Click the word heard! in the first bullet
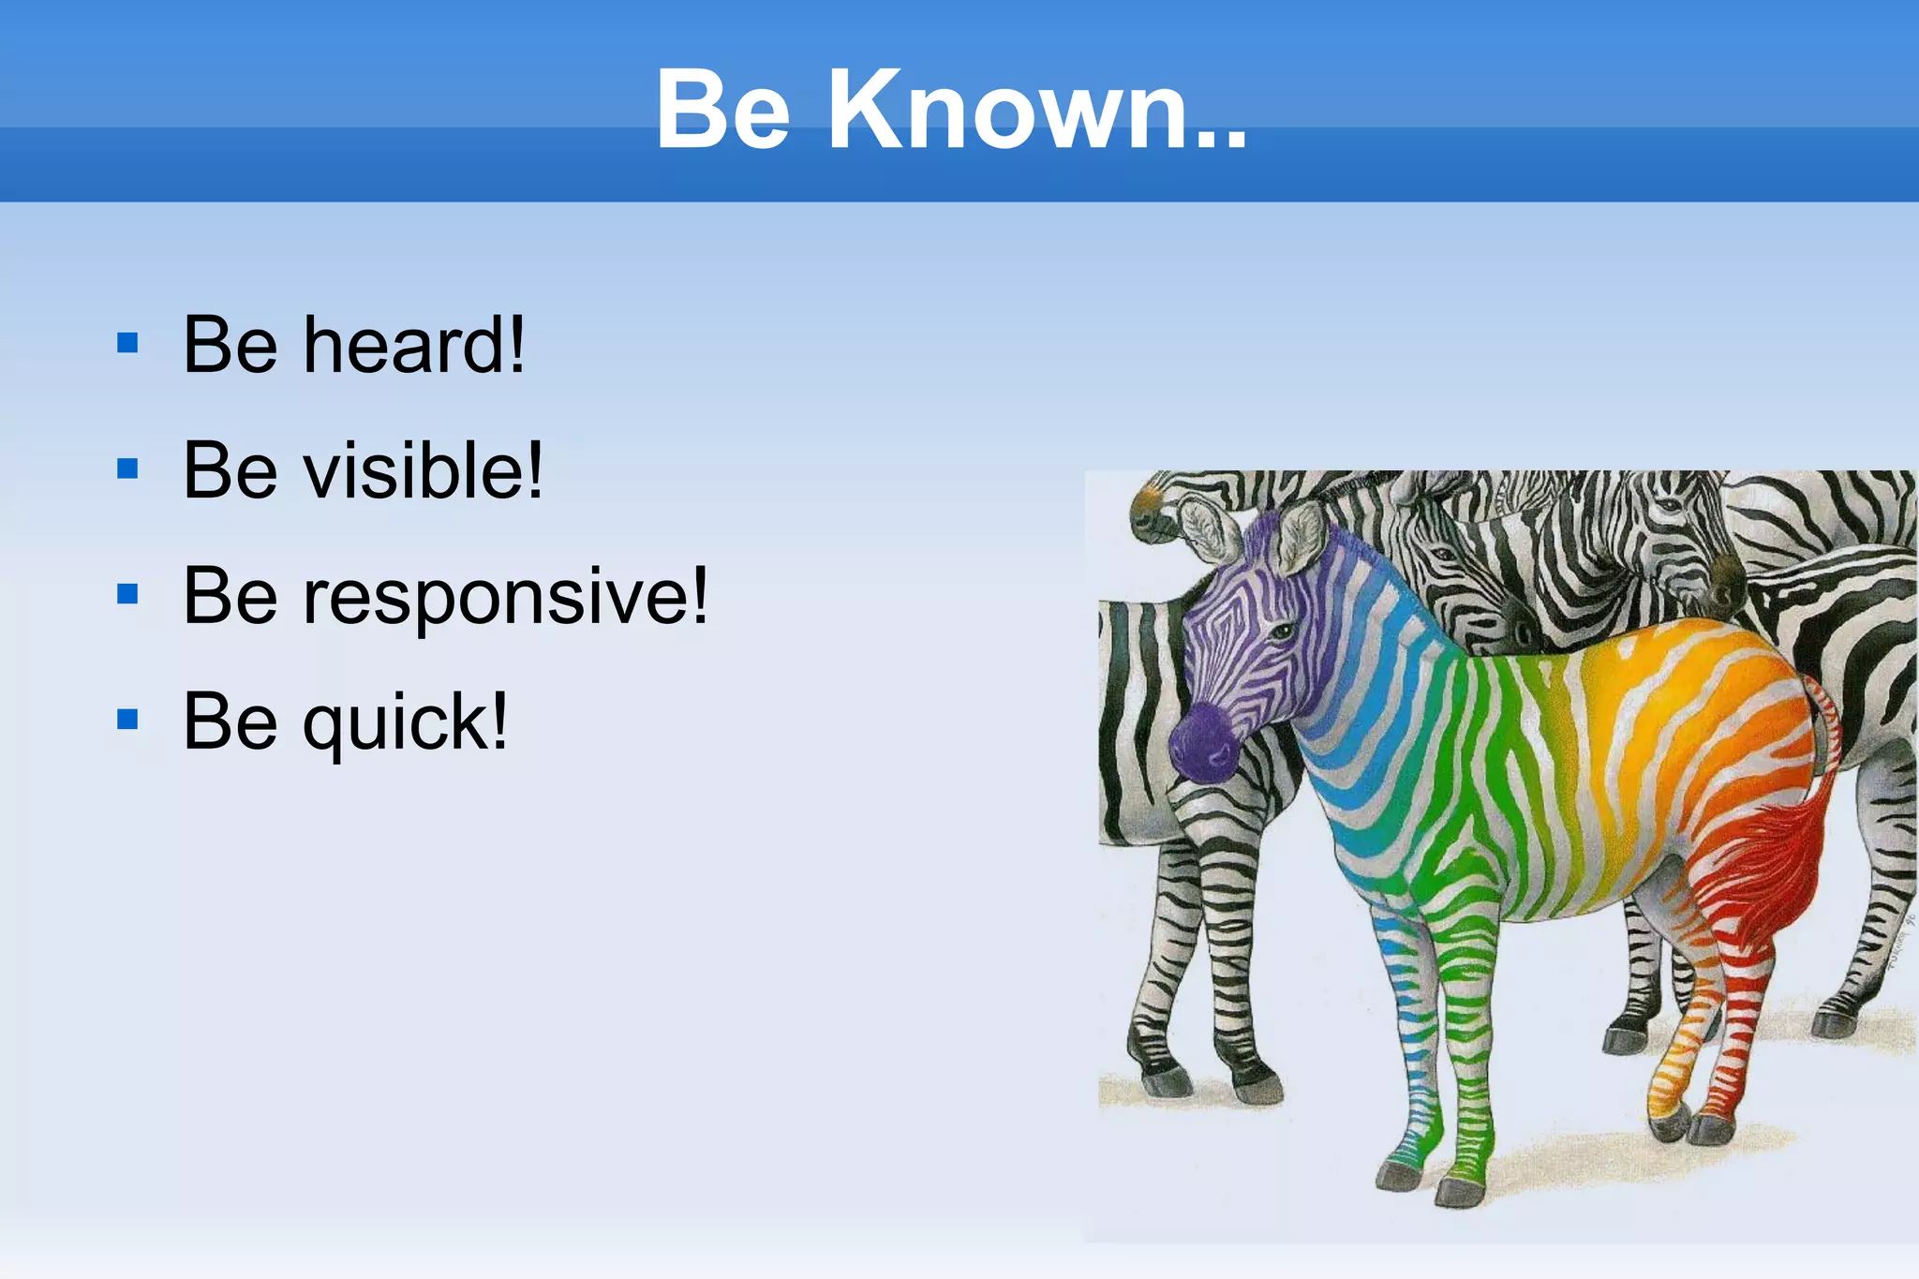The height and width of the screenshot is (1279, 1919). (x=413, y=346)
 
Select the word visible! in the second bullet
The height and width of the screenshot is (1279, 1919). (x=423, y=470)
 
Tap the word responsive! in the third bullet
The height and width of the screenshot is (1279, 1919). (x=506, y=597)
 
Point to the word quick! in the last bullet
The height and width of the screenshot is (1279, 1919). (x=405, y=721)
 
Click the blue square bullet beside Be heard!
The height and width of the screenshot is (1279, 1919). (x=127, y=343)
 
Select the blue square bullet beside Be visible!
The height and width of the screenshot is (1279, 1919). (x=127, y=468)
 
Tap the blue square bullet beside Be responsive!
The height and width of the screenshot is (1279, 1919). (x=127, y=594)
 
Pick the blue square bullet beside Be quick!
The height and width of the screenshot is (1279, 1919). (x=127, y=720)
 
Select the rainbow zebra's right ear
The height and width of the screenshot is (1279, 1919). (x=1302, y=537)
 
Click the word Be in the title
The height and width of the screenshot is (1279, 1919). (x=722, y=110)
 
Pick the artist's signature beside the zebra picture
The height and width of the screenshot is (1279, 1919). (x=1902, y=942)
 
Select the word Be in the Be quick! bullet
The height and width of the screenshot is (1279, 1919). (x=231, y=721)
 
